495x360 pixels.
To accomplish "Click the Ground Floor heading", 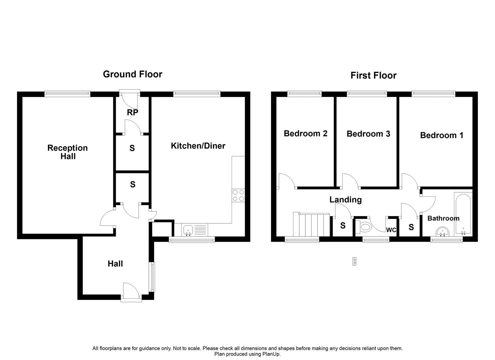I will [x=132, y=74].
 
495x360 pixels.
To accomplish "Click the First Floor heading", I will [x=373, y=75].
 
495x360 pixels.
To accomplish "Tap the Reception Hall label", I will [x=68, y=152].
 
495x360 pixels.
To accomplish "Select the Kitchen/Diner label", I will [x=198, y=146].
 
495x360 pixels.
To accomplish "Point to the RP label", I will [x=132, y=113].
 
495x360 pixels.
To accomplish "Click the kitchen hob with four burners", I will [x=238, y=195].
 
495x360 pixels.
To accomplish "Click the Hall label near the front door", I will [x=115, y=264].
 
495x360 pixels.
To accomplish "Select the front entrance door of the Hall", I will [x=131, y=292].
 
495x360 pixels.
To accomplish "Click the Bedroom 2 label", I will [x=305, y=133].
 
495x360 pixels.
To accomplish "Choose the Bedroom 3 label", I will [x=368, y=134].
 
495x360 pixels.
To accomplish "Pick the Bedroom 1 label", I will [x=441, y=135].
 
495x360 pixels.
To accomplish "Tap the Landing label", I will [x=345, y=200].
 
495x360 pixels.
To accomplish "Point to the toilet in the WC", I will [x=365, y=228].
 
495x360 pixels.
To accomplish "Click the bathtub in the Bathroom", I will [x=462, y=213].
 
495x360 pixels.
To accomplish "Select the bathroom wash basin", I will [x=443, y=231].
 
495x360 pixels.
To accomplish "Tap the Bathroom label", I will [x=443, y=218].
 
